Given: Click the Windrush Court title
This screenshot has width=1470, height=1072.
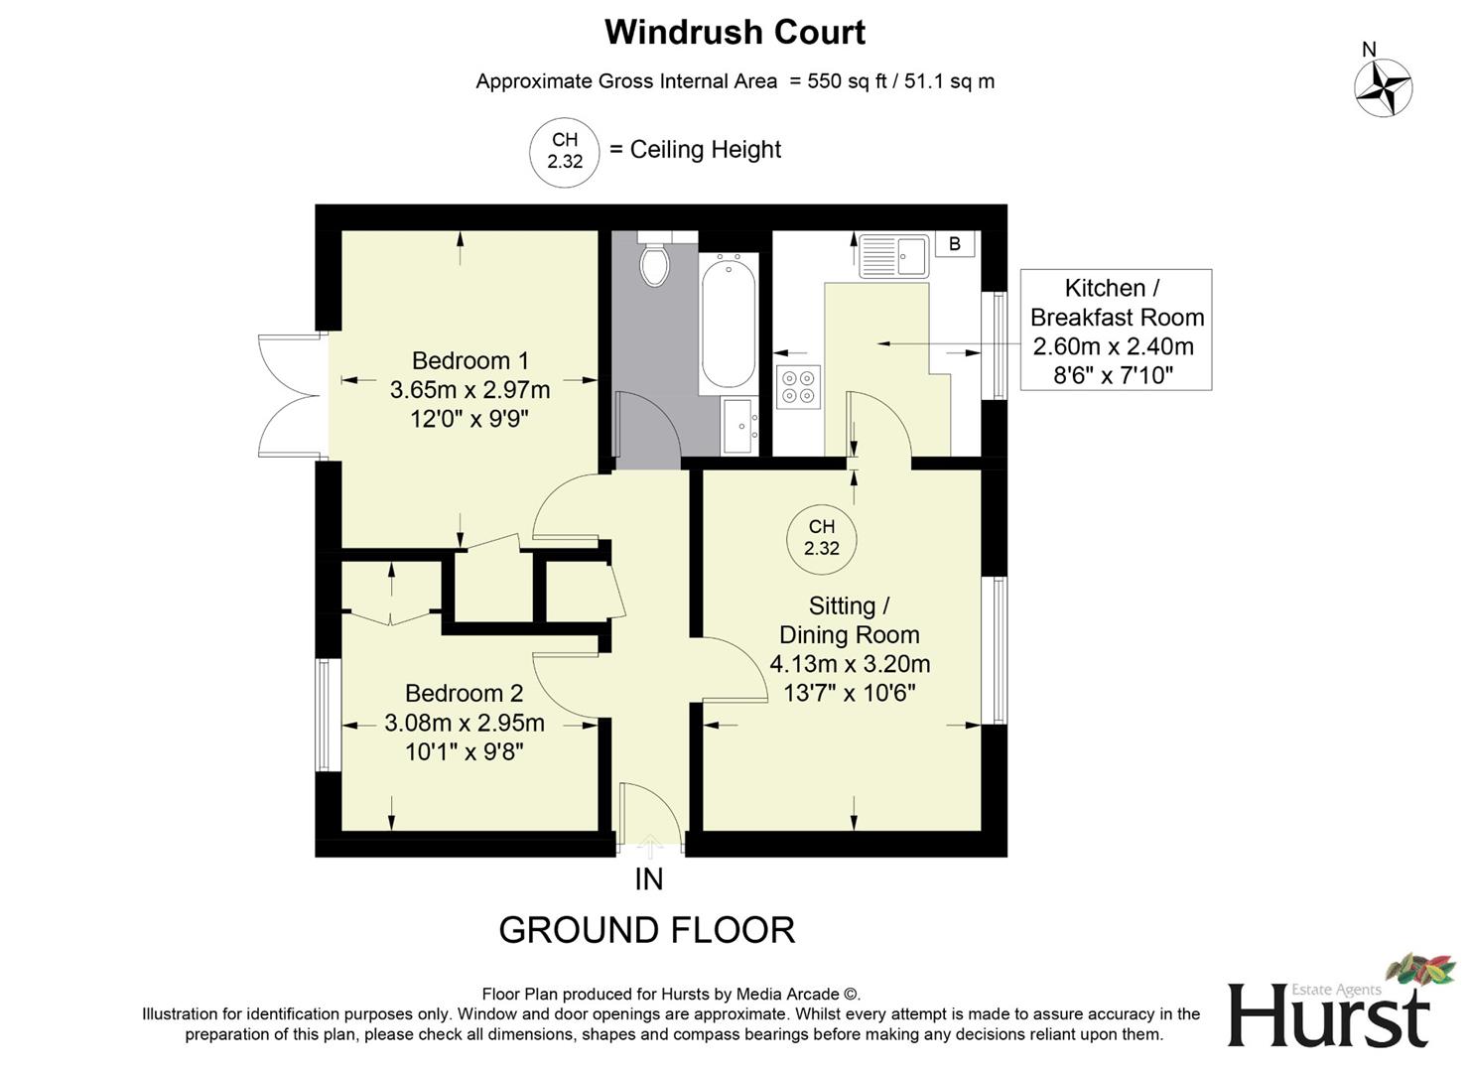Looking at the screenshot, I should coord(735,32).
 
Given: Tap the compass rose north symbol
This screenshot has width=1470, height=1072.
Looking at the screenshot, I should coord(1383,86).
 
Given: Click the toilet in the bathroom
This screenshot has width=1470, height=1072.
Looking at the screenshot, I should coord(654,261).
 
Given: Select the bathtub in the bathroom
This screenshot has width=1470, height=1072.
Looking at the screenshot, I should coord(729,322).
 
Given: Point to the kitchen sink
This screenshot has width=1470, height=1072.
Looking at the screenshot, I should coord(893,256).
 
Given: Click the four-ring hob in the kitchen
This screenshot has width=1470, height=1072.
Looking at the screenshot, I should coord(799,386).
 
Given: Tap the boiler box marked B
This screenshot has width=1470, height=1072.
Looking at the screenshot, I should coord(955,244).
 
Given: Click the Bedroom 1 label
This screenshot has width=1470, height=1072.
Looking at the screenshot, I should coord(470,360).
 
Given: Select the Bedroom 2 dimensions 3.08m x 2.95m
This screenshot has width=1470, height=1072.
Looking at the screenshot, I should coord(465,723).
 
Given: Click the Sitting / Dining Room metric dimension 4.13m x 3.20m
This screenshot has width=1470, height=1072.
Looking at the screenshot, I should coord(850,664).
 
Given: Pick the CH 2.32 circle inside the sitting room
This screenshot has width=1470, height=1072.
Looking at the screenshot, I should coord(822,538).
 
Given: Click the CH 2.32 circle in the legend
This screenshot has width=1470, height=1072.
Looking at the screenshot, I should coord(565,151).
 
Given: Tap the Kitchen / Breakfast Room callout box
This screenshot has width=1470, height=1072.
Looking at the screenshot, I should coord(1116,330).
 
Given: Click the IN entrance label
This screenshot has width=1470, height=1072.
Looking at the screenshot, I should coord(648,879).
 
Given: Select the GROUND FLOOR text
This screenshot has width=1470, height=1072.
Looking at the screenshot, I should coord(646,930).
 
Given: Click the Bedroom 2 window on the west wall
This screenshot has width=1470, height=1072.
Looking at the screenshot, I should coord(324,714).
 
